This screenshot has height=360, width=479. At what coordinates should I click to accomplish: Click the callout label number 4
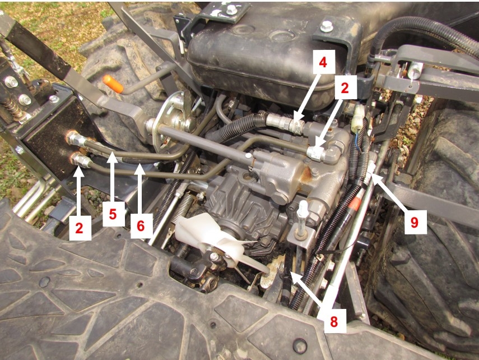tap(323, 62)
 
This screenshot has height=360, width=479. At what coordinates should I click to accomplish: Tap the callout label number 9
tap(414, 222)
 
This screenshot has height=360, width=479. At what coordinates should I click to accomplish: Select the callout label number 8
tap(334, 321)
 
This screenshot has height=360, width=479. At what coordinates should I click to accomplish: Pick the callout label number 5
tap(113, 214)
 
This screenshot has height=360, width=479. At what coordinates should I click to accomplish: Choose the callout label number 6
tap(141, 226)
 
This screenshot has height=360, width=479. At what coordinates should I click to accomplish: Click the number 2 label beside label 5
tap(80, 228)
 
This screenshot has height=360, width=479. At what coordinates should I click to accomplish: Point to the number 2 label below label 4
tap(345, 88)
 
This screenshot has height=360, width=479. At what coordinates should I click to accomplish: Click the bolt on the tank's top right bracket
tap(327, 26)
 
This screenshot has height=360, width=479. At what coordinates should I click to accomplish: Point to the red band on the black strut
tap(355, 204)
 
